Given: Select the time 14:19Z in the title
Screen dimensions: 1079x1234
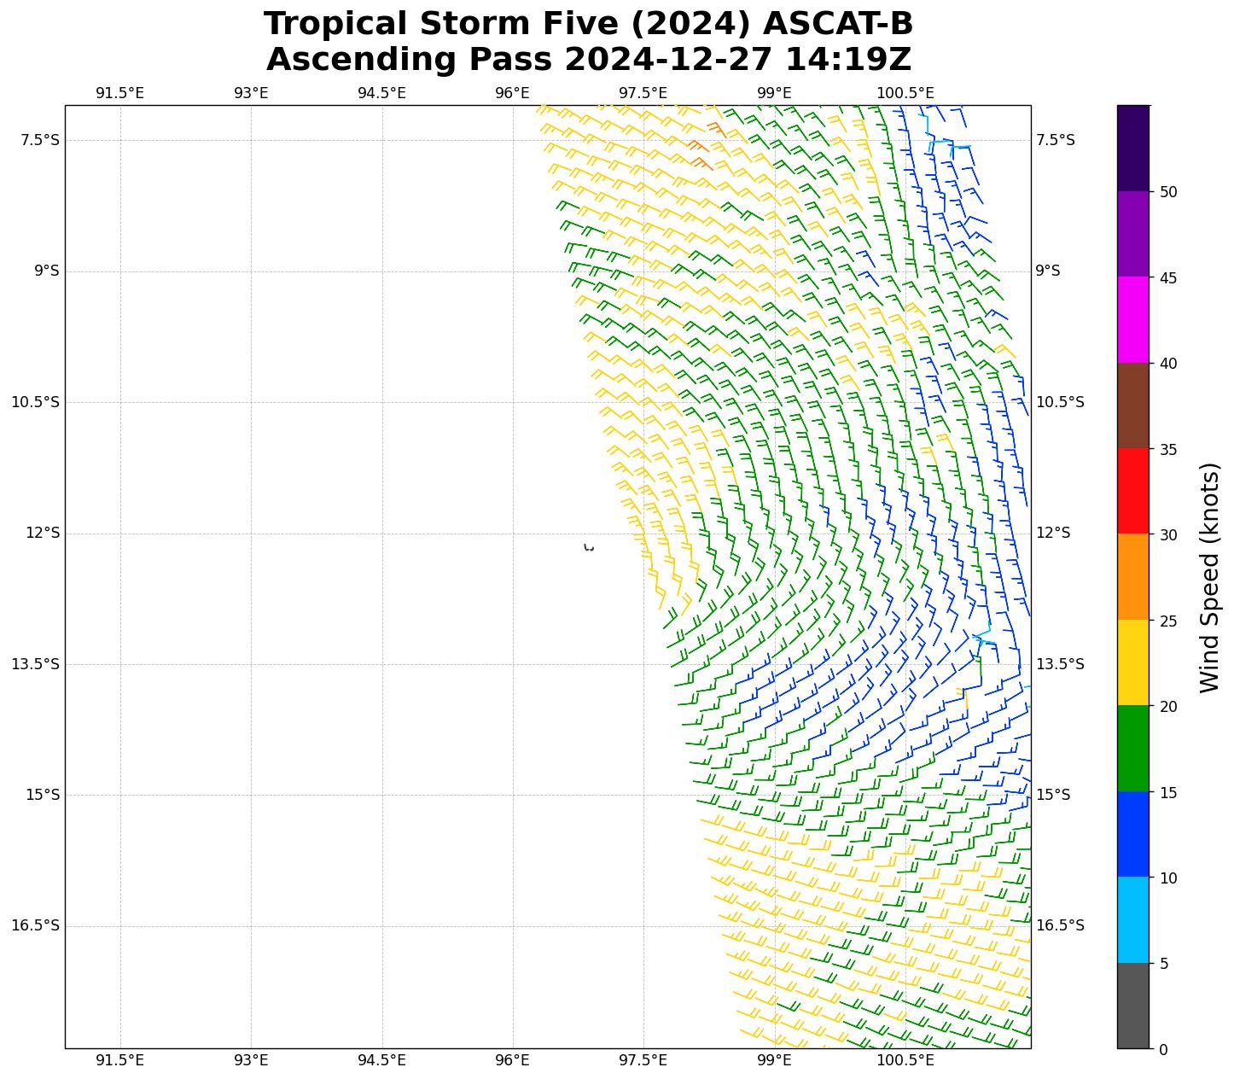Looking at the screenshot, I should pos(848,60).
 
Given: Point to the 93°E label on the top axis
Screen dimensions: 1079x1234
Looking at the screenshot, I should pos(251,93).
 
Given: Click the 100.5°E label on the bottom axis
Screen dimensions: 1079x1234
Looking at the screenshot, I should pos(905,1060).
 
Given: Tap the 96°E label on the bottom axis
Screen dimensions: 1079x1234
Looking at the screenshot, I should pos(512,1060).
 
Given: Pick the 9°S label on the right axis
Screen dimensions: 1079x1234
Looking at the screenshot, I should pos(1048,271).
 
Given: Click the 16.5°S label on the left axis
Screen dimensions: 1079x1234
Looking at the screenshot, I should pos(35,925).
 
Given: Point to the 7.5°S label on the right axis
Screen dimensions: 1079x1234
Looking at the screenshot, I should pos(1055,140).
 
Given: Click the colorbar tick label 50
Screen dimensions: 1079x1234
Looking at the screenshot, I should pos(1168,191).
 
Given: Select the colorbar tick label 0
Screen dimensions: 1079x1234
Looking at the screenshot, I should pos(1163,1049).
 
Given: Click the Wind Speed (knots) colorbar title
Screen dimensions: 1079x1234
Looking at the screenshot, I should pos(1209,577).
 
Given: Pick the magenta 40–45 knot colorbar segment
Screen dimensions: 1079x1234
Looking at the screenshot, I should pos(1133,319).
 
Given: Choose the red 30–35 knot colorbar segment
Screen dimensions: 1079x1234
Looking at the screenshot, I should pos(1133,491).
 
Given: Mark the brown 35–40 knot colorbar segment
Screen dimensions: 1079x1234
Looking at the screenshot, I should pos(1133,405).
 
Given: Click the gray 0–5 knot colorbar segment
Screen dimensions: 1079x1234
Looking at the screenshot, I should pos(1133,1006).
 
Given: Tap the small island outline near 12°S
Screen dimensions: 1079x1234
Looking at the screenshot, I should pos(589,547).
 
